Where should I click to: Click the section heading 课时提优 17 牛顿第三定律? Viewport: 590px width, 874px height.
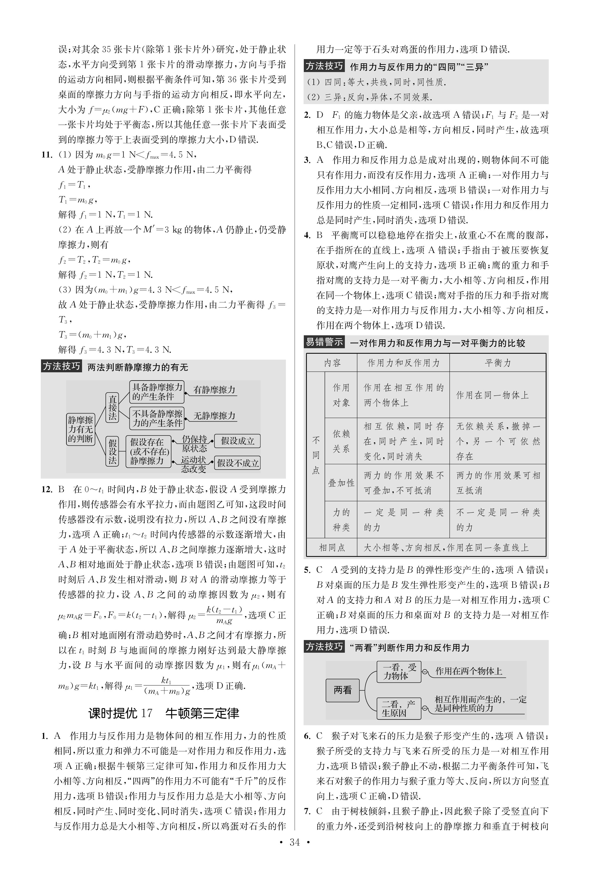164,713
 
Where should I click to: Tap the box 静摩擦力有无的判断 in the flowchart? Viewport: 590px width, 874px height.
80,429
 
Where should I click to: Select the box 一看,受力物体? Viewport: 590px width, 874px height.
399,671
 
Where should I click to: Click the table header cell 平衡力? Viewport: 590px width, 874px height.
498,363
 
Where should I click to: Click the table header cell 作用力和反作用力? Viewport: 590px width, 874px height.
403,363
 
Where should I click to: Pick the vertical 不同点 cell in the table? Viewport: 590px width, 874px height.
316,455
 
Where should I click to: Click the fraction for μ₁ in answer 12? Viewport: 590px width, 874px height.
167,686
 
